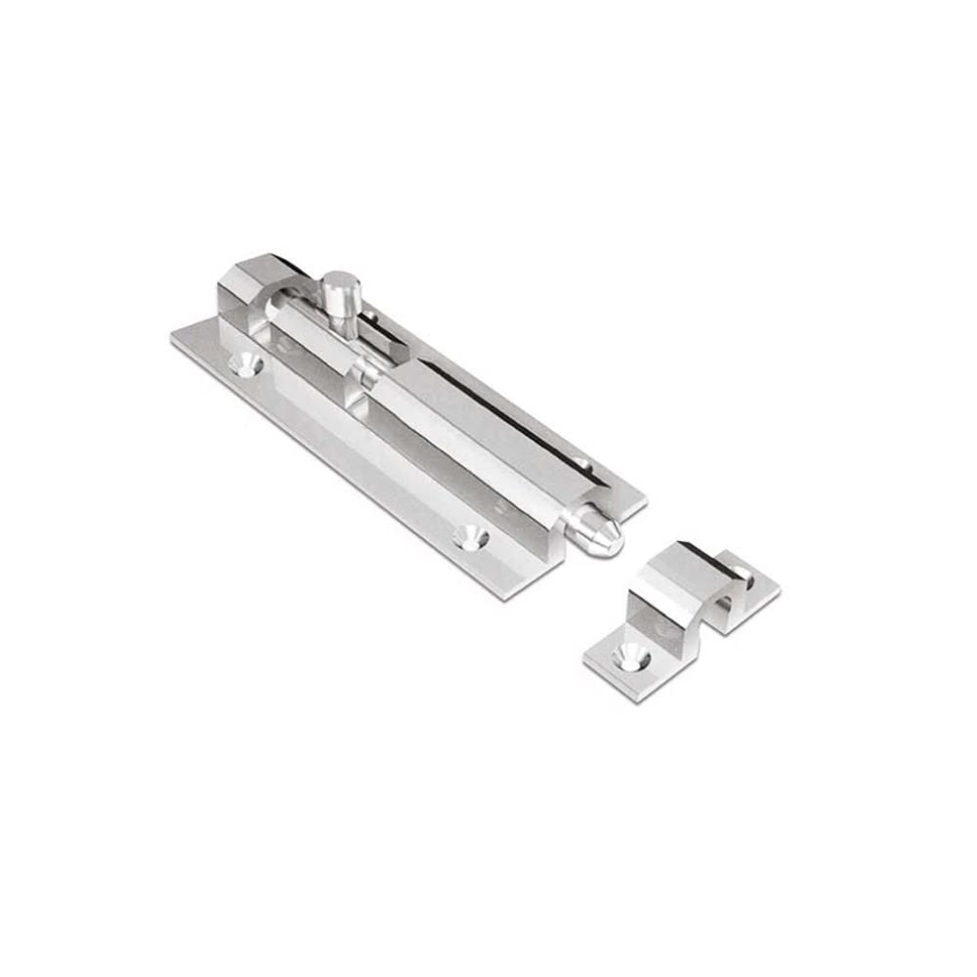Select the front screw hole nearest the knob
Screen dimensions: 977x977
[x=244, y=364]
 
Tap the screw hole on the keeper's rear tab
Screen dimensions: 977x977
[x=744, y=576]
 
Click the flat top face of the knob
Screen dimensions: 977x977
[x=339, y=279]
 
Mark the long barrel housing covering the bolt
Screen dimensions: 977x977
[x=469, y=430]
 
